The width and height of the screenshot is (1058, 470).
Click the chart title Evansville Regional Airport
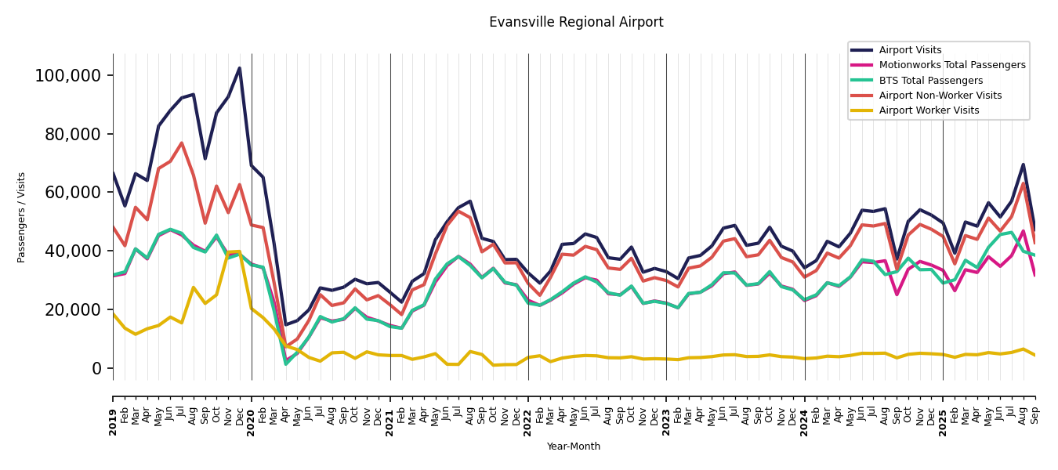tap(576, 23)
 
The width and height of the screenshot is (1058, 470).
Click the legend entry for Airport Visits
tap(910, 50)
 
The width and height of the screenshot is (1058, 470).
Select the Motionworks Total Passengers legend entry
tap(951, 65)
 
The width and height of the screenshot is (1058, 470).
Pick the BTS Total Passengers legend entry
tap(930, 81)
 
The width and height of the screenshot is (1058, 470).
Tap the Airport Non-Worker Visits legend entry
tap(940, 96)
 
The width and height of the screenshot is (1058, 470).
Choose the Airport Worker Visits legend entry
tap(929, 110)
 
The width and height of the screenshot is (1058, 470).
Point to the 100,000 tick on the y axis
tap(68, 76)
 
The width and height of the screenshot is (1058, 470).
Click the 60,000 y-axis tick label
tap(72, 193)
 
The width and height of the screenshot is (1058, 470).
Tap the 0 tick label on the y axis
tap(97, 368)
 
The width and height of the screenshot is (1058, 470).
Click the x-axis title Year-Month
tap(574, 446)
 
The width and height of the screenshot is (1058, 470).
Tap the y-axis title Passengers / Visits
tap(22, 217)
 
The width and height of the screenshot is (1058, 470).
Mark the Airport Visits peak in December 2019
tap(240, 68)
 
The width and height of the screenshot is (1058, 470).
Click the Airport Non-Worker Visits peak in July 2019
tap(182, 143)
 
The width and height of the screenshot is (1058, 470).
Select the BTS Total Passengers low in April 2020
tap(286, 363)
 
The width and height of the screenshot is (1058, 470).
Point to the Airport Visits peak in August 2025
tap(1023, 164)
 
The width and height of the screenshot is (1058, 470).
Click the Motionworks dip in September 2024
tap(897, 295)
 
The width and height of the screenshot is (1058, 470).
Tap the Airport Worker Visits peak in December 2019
tap(240, 251)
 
